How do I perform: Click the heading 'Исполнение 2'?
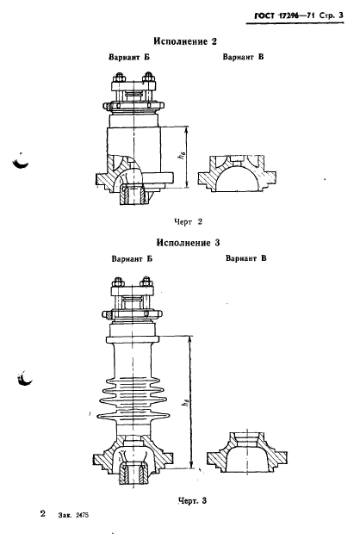click(x=185, y=41)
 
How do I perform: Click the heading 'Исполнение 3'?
click(x=188, y=243)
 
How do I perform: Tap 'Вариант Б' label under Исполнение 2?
click(x=129, y=57)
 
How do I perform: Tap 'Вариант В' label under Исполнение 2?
click(x=243, y=57)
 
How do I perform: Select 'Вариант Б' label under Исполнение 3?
click(x=132, y=259)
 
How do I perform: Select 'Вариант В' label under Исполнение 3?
click(x=245, y=258)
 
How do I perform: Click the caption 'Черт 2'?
click(x=188, y=222)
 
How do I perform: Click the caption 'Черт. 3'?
click(x=193, y=501)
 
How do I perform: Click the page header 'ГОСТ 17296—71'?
click(x=285, y=15)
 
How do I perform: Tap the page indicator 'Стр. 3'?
click(x=331, y=15)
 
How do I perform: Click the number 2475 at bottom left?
click(x=82, y=515)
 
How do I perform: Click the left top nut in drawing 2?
click(x=120, y=77)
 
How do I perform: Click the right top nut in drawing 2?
click(x=148, y=77)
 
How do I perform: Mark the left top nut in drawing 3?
click(x=118, y=282)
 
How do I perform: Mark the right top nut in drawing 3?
click(x=146, y=282)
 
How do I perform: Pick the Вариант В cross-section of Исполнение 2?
click(x=237, y=174)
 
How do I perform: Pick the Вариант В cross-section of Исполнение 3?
click(x=247, y=451)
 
